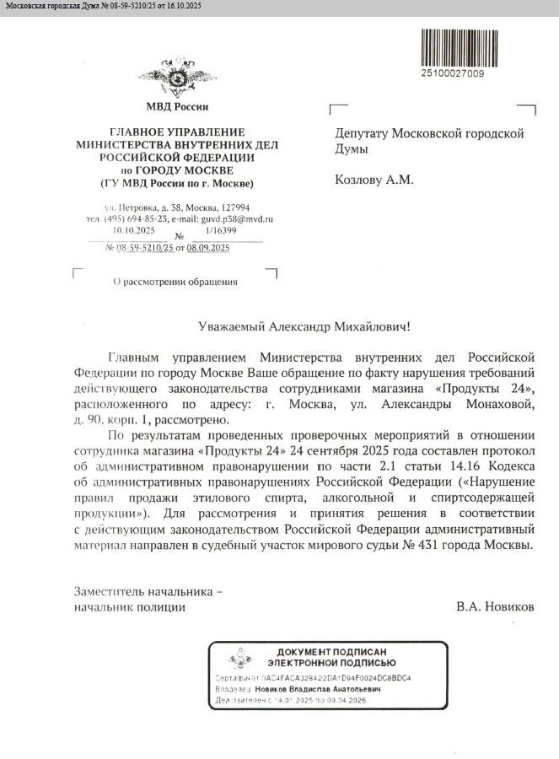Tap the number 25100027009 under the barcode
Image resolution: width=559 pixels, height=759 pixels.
(453, 73)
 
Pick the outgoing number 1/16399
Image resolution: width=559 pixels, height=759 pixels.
(220, 229)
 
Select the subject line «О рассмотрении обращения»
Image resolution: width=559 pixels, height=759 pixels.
(175, 282)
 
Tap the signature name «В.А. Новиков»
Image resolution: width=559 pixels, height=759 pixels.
(495, 606)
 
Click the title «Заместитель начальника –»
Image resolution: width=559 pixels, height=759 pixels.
(148, 592)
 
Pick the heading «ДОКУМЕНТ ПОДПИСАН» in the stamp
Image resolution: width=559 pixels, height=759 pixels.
(332, 653)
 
